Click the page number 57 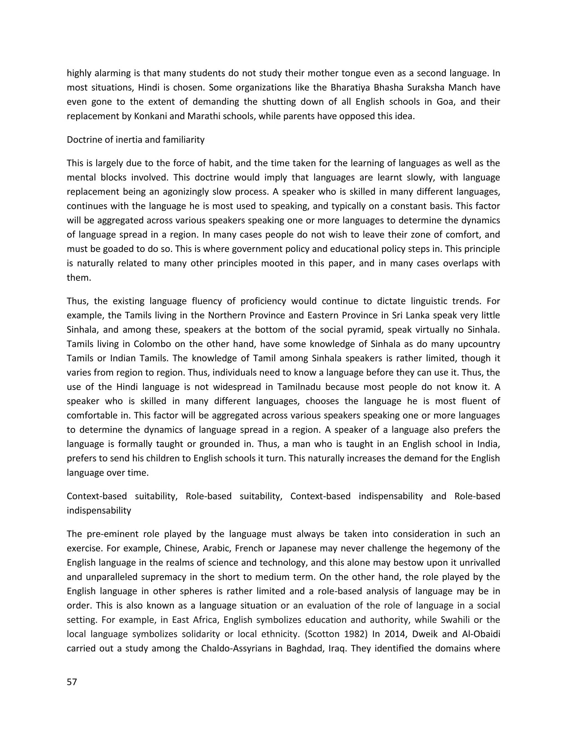[72, 682]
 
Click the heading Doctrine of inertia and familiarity [135, 140]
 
